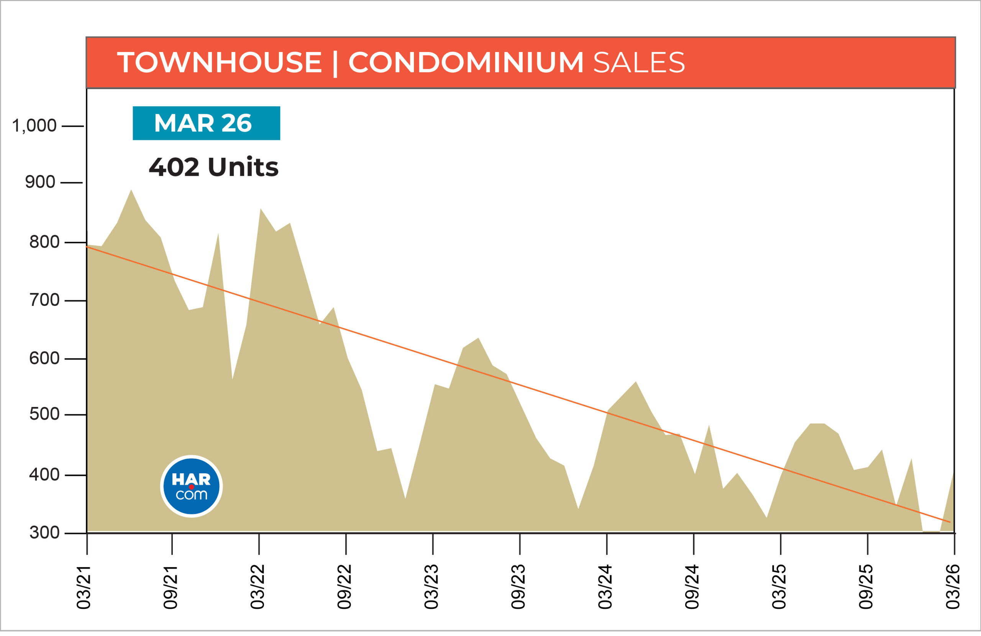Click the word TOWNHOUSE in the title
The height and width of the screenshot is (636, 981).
(219, 63)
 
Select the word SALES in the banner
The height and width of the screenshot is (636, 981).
(639, 63)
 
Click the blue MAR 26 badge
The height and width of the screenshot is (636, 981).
(206, 123)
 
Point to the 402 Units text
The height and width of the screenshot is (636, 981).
(213, 167)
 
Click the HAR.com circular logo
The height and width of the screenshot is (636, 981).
(191, 486)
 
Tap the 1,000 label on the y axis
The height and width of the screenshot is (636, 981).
(34, 126)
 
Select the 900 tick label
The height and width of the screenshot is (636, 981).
(40, 182)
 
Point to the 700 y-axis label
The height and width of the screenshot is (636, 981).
(44, 300)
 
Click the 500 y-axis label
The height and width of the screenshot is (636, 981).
(44, 414)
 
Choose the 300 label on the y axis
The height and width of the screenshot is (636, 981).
(44, 533)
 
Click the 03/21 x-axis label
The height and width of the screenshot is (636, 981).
(84, 587)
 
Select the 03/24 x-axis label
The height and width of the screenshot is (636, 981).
(605, 587)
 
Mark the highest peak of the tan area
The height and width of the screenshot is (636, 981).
(131, 191)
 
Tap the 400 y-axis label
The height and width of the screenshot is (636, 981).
(44, 475)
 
